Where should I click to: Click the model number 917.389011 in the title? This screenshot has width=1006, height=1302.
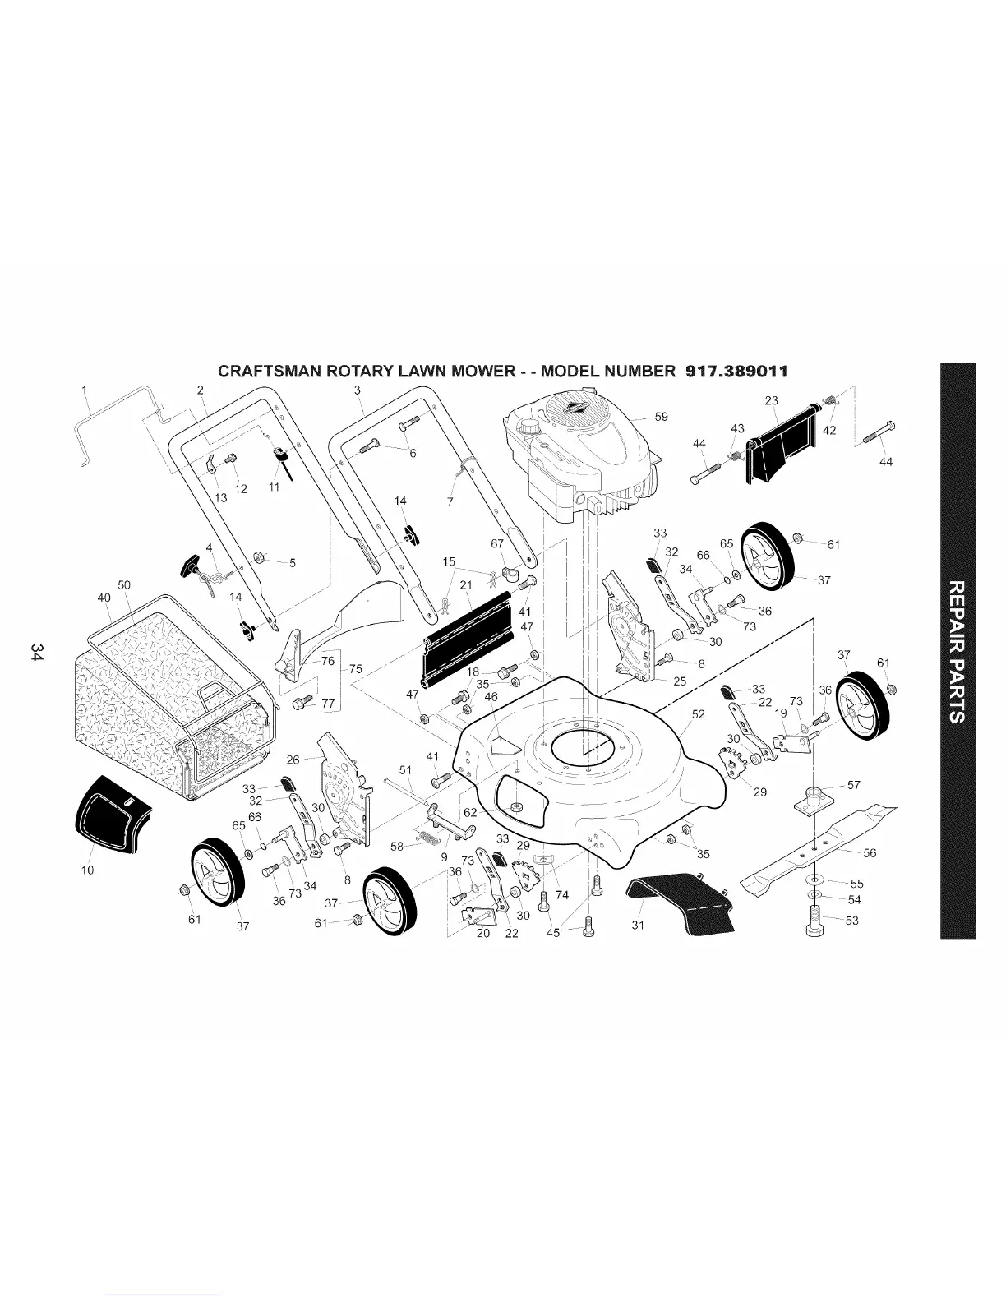[x=736, y=371]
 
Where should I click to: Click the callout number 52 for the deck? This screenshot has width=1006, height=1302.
[x=698, y=714]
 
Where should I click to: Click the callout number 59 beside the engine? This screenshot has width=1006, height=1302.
[x=661, y=417]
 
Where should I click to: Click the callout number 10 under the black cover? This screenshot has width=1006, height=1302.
[x=88, y=870]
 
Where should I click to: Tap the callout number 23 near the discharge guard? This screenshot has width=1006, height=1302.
[x=771, y=401]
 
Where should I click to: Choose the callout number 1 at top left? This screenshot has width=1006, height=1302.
[x=85, y=390]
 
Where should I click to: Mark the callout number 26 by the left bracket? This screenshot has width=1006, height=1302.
[x=293, y=759]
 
